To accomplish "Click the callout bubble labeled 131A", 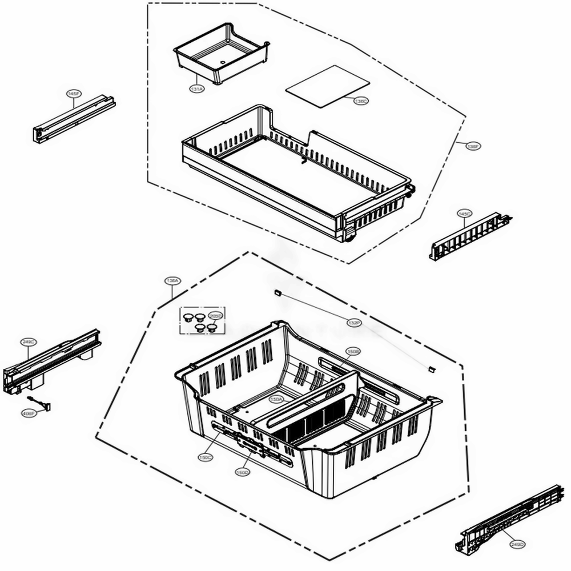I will point(196,89).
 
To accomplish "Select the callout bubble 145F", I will point(73,93).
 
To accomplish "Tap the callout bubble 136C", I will point(361,101).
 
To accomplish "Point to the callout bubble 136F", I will point(473,146).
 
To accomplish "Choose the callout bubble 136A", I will point(171,281).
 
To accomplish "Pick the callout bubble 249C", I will point(29,341).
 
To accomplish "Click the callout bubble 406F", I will point(27,414).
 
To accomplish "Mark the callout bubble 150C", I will point(206,457).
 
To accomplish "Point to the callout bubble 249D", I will point(517,544).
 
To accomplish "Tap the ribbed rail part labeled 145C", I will point(468,235).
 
